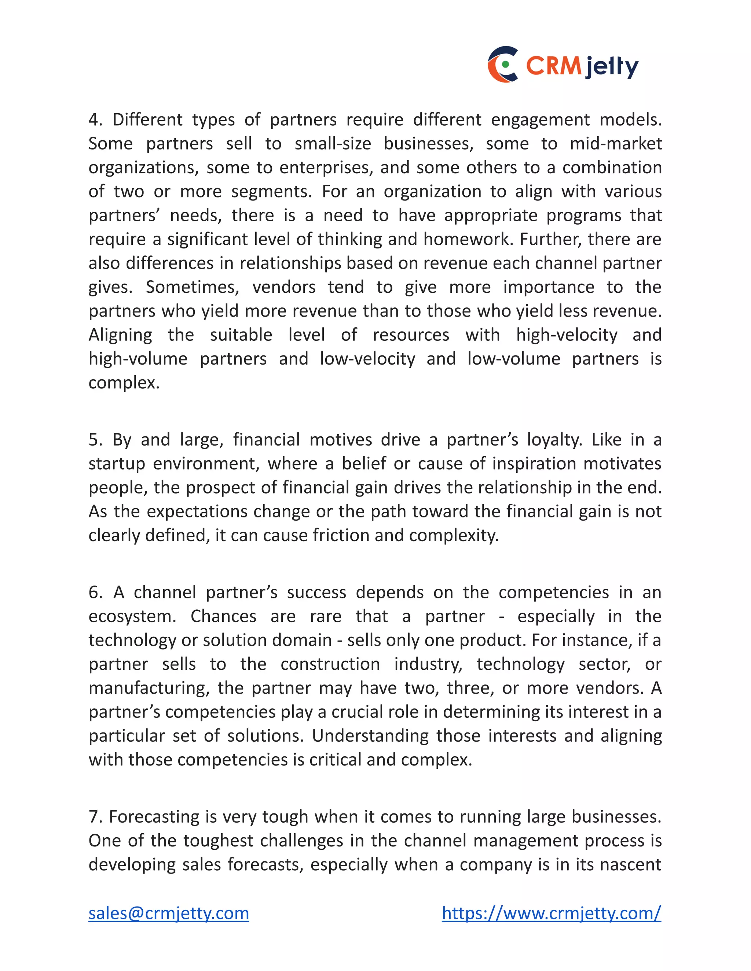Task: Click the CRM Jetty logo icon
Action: [503, 64]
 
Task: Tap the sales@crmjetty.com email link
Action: [169, 913]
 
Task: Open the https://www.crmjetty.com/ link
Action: [551, 913]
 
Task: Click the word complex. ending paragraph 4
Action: [124, 383]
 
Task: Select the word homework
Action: [468, 239]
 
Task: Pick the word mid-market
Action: [616, 144]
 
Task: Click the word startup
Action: [117, 464]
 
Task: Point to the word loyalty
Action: [554, 440]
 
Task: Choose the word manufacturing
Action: [149, 688]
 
